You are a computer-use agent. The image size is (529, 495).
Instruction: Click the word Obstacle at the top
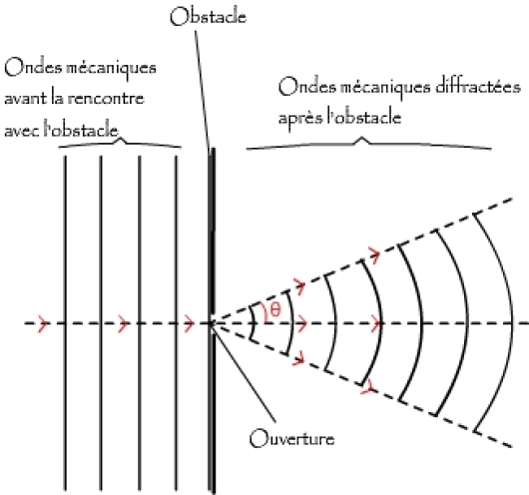tap(208, 17)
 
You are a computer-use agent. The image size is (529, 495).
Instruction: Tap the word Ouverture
tap(291, 438)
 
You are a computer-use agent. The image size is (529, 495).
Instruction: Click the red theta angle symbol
tap(275, 309)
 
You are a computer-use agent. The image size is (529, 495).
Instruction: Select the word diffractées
tap(478, 87)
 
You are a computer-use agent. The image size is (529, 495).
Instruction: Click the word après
tap(300, 118)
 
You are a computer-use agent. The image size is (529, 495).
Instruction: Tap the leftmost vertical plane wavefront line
tap(66, 323)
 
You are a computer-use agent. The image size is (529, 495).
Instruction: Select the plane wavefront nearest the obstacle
tap(176, 323)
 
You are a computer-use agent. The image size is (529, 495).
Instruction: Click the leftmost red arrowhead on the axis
tap(44, 323)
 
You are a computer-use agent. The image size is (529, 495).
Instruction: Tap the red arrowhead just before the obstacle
tap(190, 323)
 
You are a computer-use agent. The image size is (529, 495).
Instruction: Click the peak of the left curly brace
tap(122, 139)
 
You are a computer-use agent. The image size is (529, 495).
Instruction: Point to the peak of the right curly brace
tap(362, 138)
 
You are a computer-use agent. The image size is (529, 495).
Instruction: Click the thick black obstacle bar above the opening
tap(213, 232)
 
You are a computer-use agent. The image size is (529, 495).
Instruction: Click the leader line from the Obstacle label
tap(203, 90)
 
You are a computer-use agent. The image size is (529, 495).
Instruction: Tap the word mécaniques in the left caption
tap(111, 69)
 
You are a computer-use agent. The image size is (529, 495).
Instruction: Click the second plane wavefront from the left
tap(101, 323)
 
